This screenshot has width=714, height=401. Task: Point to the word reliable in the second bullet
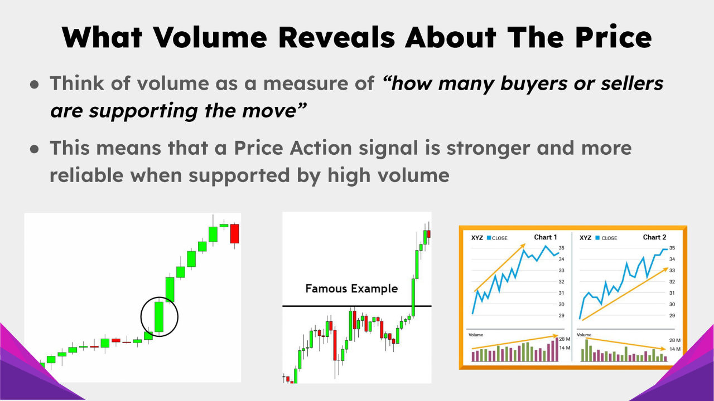click(87, 175)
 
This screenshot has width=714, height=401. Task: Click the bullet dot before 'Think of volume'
click(35, 84)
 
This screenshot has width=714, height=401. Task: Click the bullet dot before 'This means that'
click(35, 149)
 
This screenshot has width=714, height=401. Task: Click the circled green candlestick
click(159, 317)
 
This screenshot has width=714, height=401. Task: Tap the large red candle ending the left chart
click(234, 233)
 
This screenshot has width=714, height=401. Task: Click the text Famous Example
click(351, 288)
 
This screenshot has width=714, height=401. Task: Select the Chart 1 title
click(546, 237)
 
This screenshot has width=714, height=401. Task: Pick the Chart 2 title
click(654, 237)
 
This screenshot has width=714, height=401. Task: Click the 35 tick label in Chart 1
click(562, 248)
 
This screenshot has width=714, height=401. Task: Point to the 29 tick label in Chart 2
click(672, 316)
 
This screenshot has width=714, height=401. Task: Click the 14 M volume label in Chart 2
click(675, 349)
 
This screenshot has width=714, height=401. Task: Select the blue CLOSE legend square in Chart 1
click(489, 238)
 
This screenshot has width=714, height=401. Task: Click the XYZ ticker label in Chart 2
click(586, 238)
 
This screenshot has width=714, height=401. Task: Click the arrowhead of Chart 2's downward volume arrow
click(664, 349)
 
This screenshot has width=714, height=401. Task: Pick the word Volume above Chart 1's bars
click(476, 335)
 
